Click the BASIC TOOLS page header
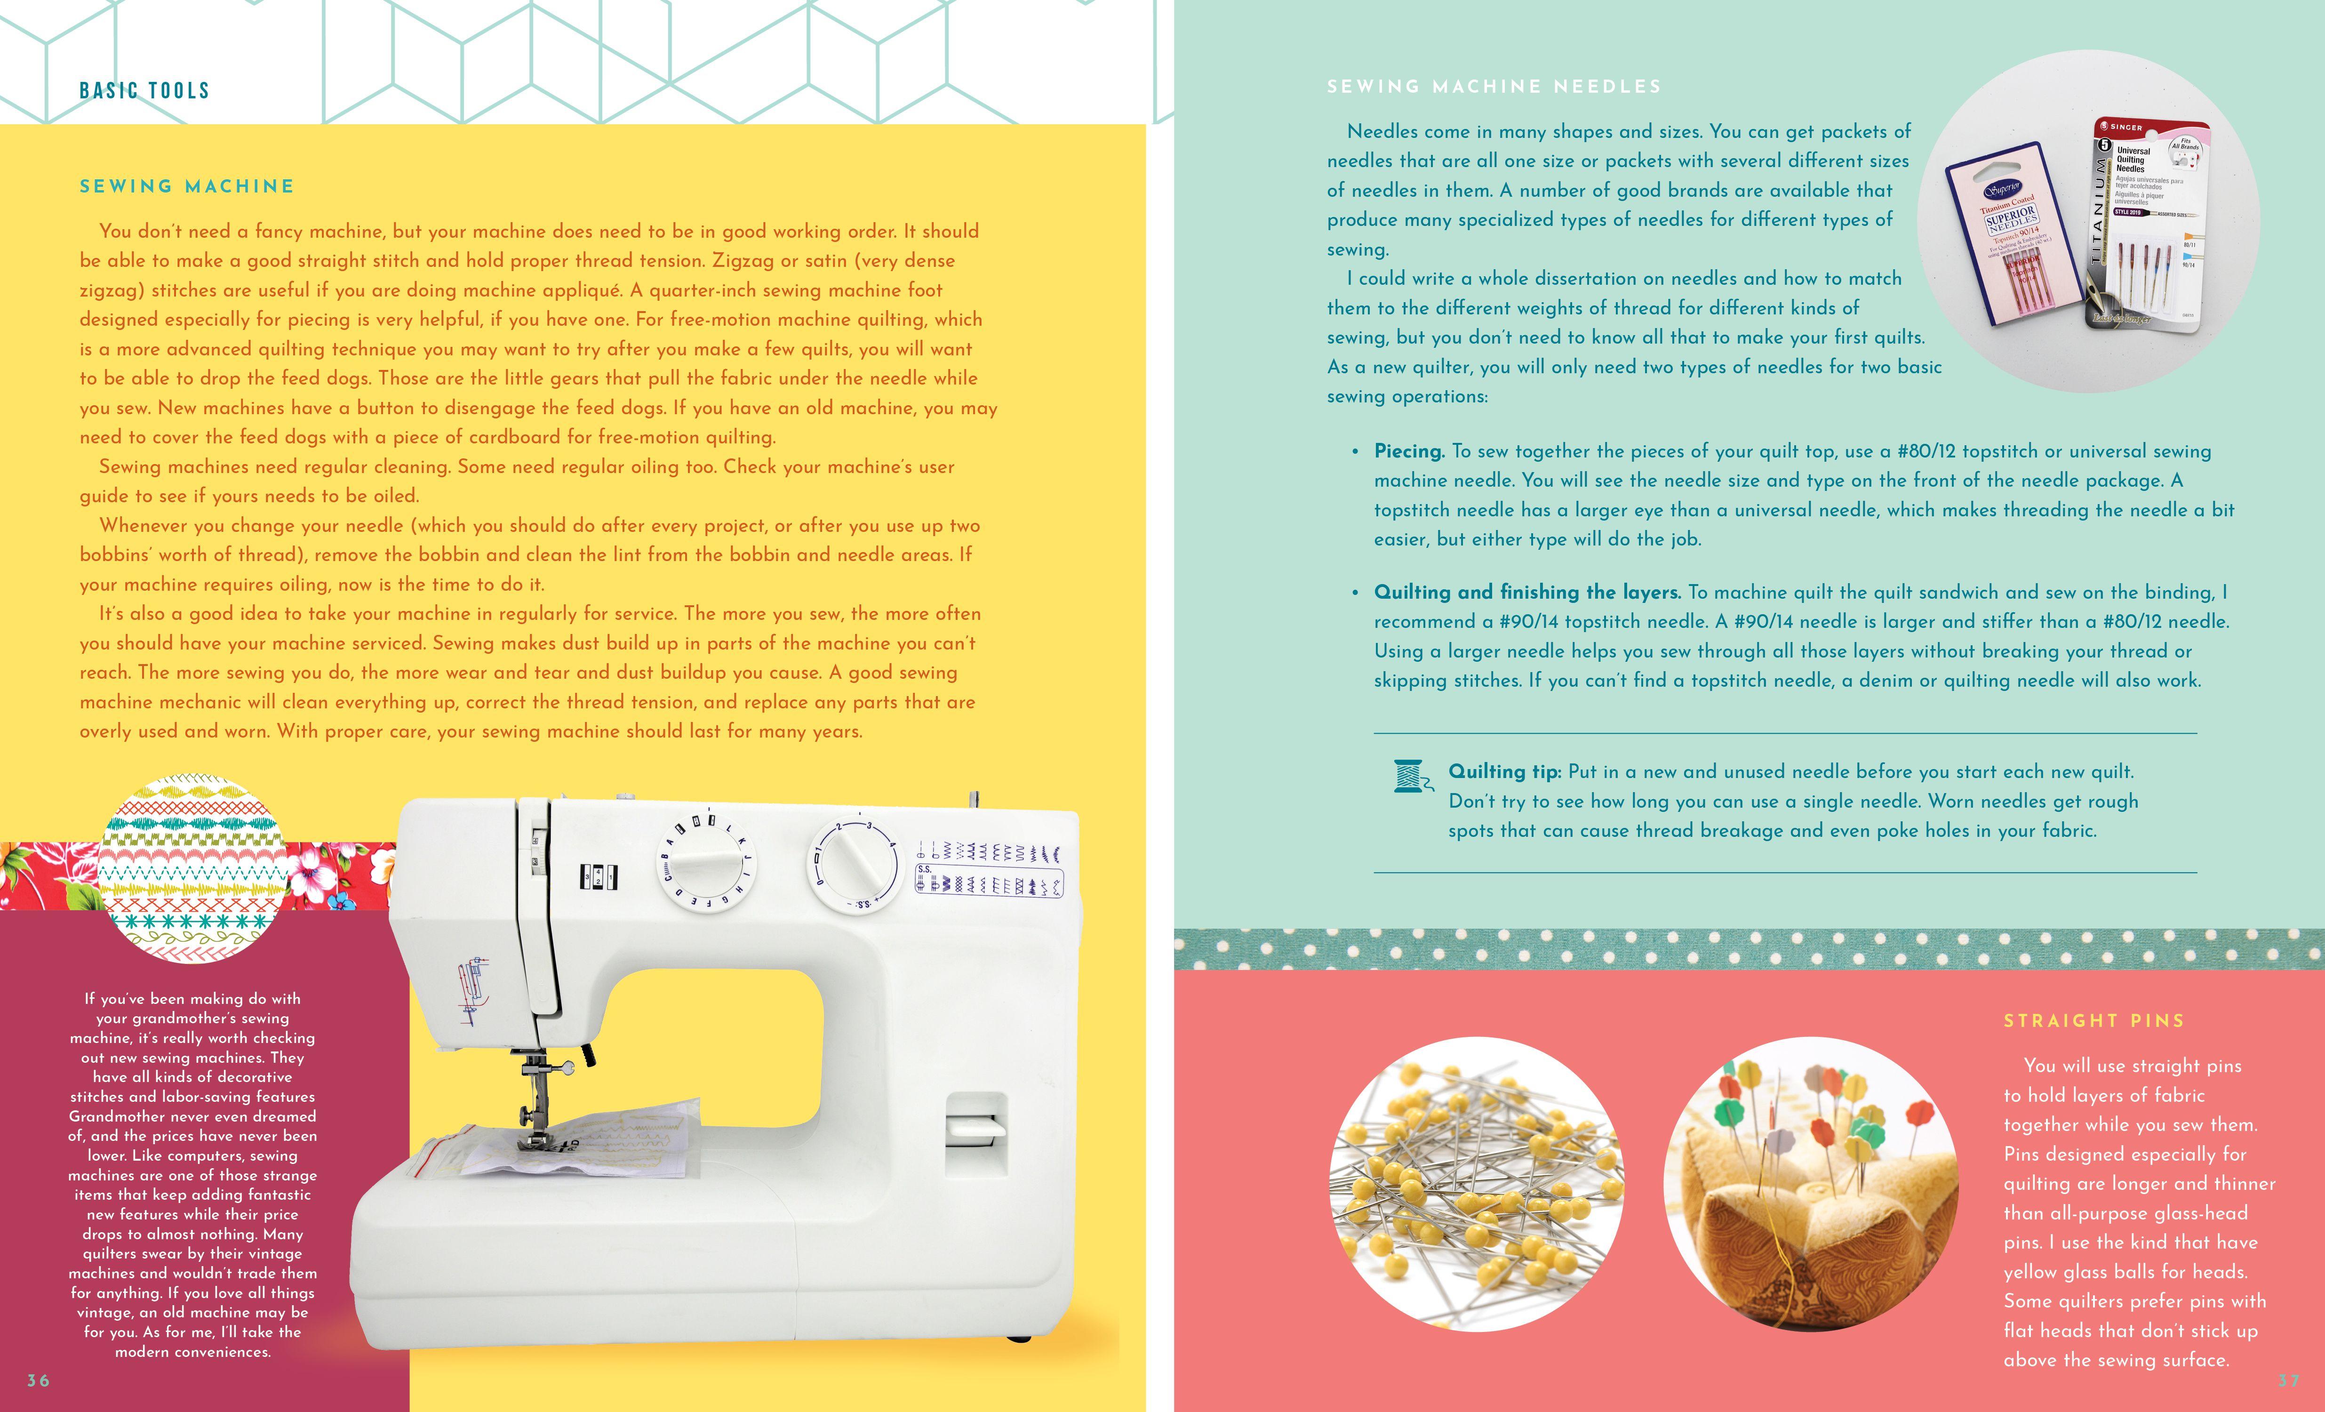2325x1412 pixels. (144, 91)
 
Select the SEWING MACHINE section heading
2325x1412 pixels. (187, 186)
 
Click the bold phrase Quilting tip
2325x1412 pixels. (1504, 771)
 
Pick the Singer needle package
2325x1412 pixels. (2149, 226)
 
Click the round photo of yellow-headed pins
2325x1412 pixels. (1477, 1185)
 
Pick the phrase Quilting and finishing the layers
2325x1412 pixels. (1527, 592)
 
